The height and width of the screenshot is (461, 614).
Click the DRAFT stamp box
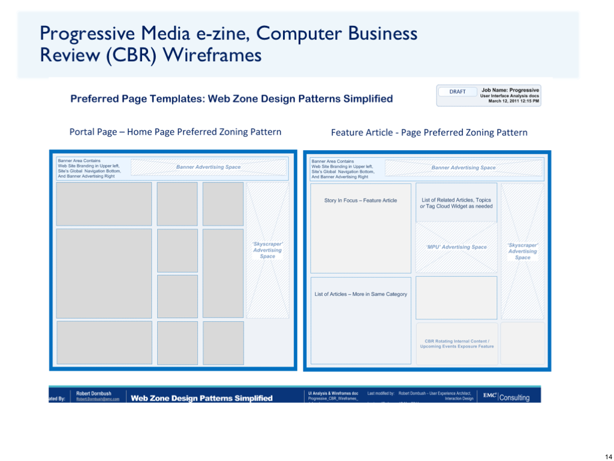pos(458,92)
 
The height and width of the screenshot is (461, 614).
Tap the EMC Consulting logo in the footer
pos(507,397)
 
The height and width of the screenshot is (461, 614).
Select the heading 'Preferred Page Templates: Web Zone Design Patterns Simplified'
pos(231,99)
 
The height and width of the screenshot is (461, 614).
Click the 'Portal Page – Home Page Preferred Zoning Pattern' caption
pos(175,132)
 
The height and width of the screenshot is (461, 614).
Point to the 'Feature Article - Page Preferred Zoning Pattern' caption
pos(429,133)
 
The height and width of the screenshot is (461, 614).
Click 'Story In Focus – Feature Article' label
pos(360,200)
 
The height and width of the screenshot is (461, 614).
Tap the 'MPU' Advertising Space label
pos(456,247)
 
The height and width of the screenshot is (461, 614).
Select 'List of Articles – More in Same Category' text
pos(360,294)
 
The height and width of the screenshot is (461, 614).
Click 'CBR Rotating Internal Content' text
pos(457,342)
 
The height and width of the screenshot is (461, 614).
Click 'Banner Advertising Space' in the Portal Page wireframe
pos(208,167)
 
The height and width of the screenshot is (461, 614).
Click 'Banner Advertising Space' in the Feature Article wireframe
pos(463,168)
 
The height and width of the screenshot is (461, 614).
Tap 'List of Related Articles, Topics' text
pos(456,200)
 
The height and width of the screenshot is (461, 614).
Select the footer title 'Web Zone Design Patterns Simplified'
pos(201,398)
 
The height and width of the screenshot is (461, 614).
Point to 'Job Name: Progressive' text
pos(510,90)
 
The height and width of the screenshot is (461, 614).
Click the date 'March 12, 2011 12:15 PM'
pos(514,101)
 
